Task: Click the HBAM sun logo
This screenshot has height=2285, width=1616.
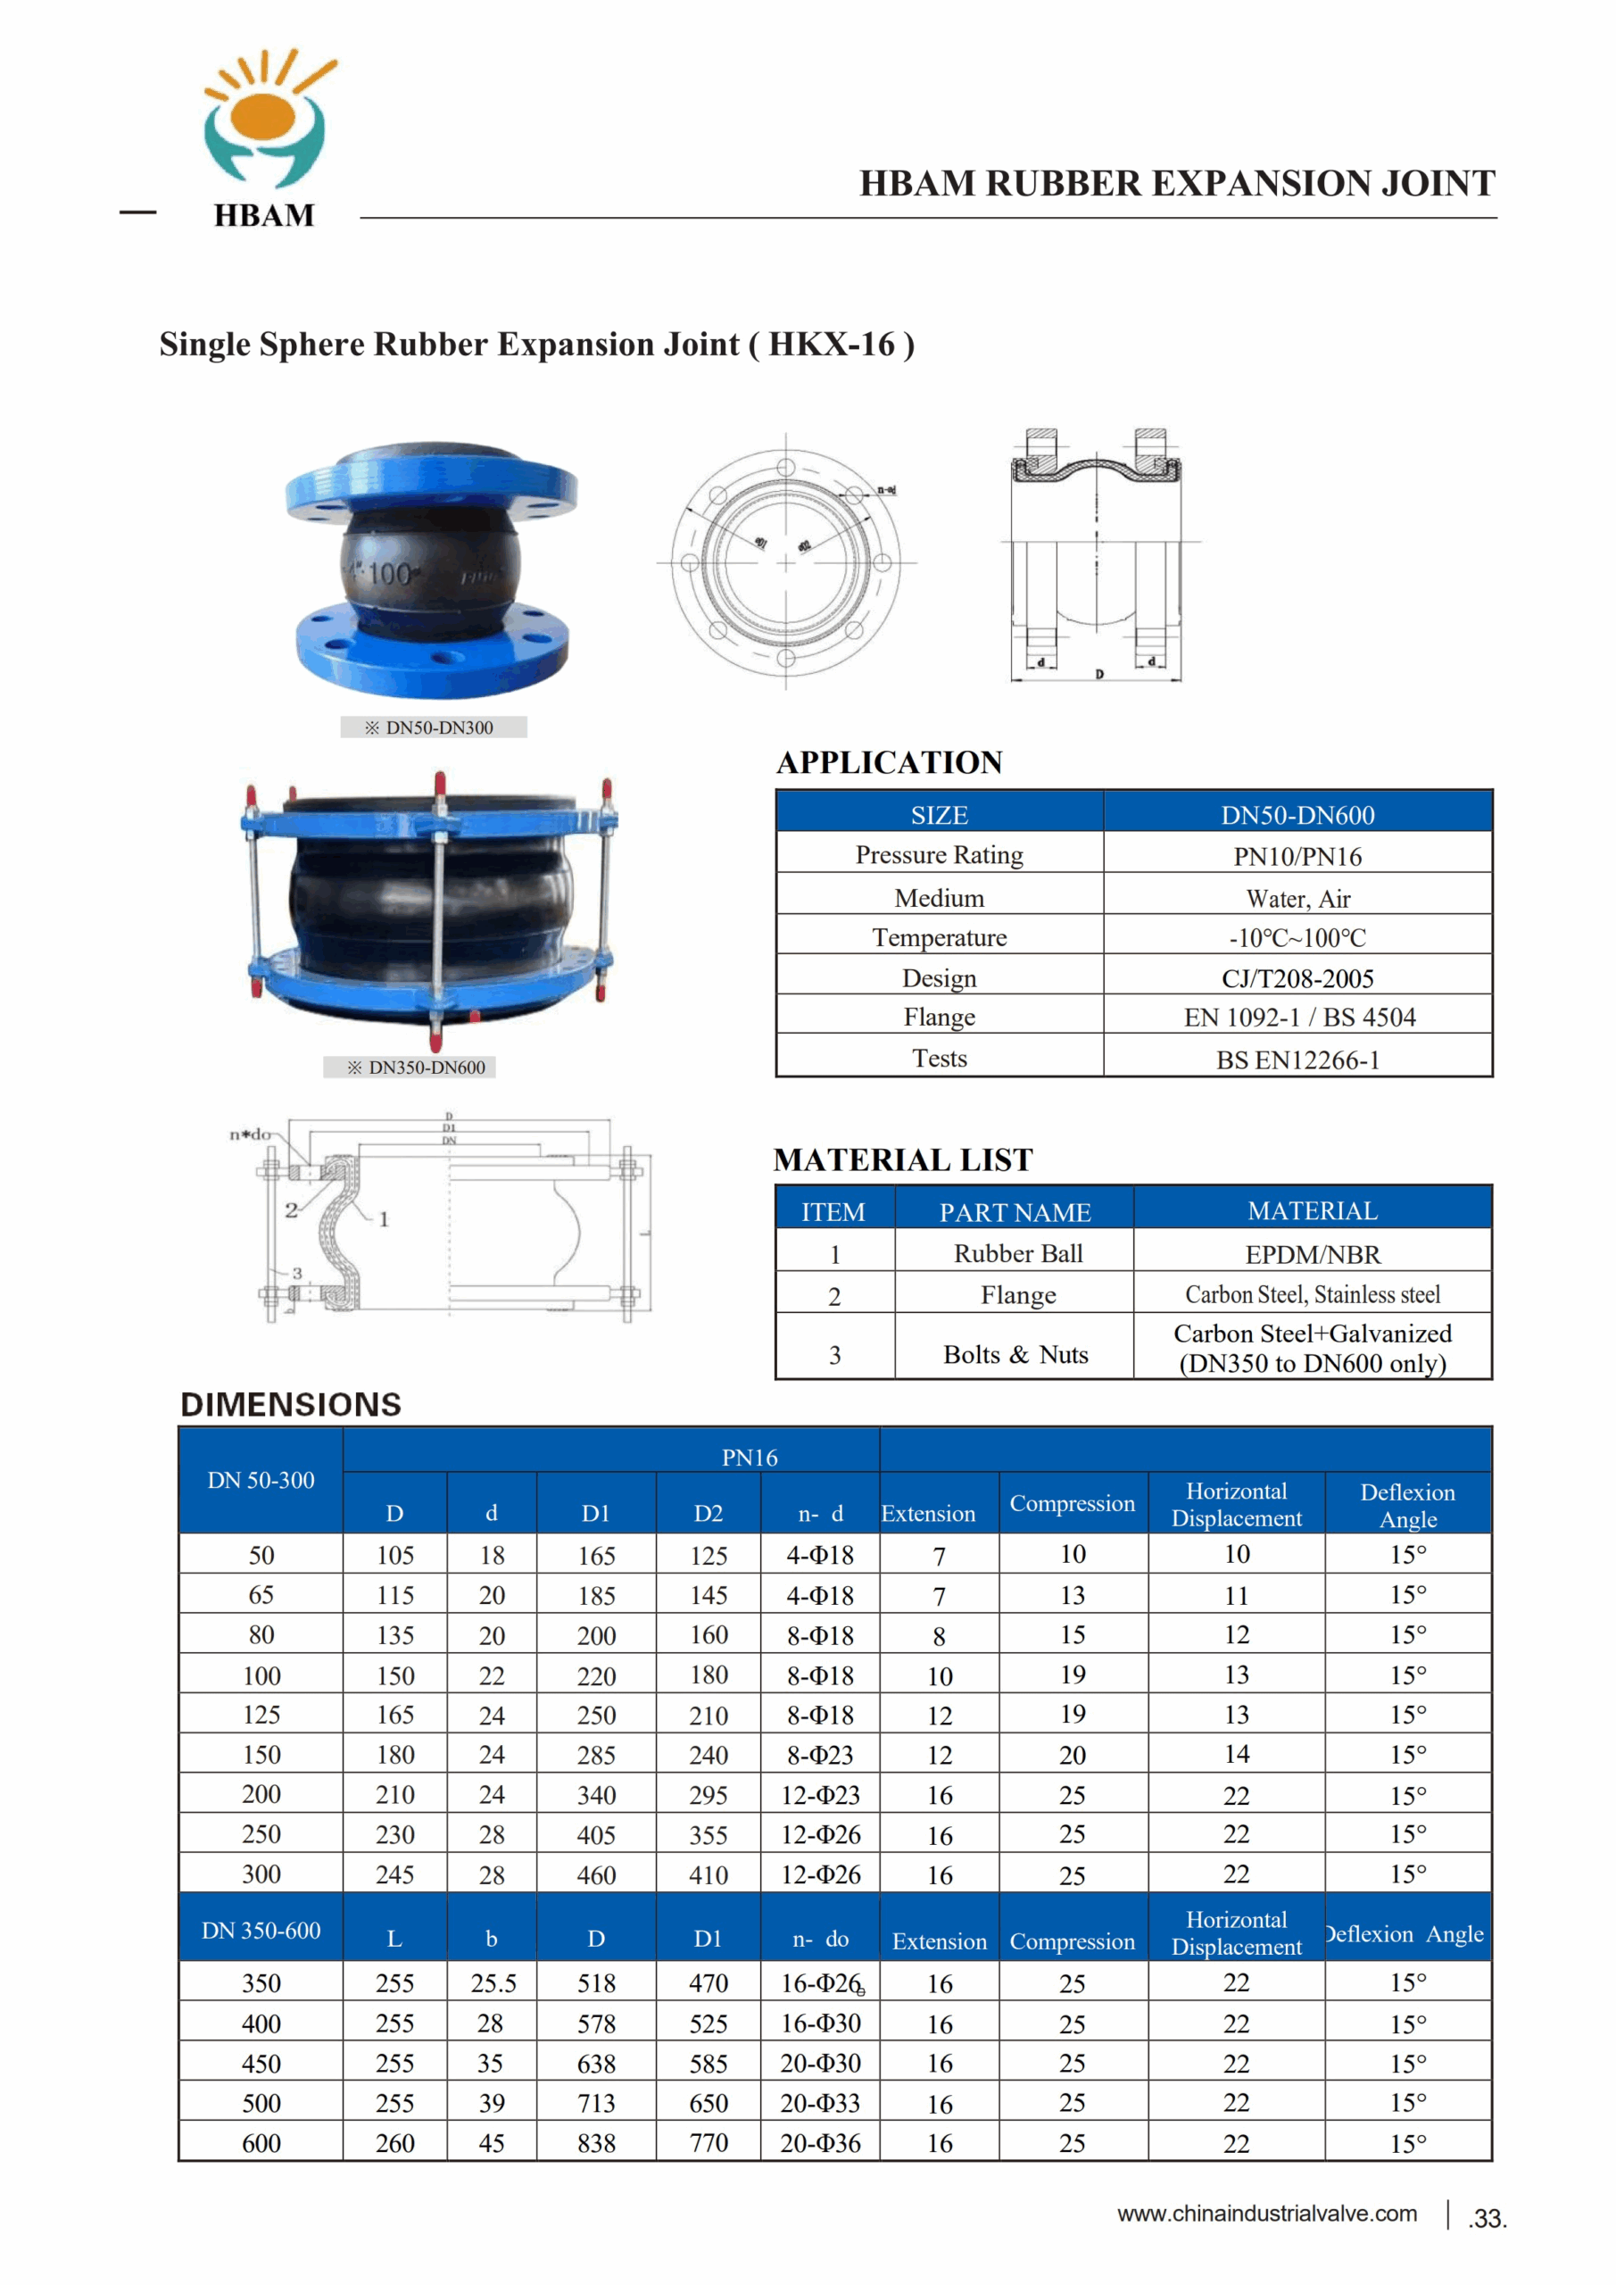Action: [x=265, y=120]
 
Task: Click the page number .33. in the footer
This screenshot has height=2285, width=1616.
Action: [x=1487, y=2218]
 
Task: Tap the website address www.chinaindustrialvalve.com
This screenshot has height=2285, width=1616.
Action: [x=1267, y=2214]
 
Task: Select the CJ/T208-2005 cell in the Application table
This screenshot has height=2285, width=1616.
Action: [x=1297, y=978]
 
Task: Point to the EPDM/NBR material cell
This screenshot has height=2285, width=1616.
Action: [x=1313, y=1254]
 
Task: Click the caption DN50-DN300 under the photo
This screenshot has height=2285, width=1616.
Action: [x=434, y=727]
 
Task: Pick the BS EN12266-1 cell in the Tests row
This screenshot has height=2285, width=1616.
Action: [x=1297, y=1059]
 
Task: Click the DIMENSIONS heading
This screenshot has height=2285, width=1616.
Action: [x=291, y=1404]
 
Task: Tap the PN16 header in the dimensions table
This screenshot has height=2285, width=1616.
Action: [x=750, y=1457]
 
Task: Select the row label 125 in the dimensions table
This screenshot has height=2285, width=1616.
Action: [x=261, y=1715]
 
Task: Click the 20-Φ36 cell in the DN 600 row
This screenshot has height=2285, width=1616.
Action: [x=820, y=2143]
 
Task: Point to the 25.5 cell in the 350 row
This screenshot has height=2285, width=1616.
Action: [x=493, y=1983]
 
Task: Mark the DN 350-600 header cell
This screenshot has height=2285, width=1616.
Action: [x=261, y=1931]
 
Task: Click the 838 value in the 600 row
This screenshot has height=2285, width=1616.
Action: [x=596, y=2143]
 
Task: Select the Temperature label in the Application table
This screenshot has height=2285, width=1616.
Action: [x=940, y=937]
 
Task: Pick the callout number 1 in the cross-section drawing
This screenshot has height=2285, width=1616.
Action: [x=384, y=1219]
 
